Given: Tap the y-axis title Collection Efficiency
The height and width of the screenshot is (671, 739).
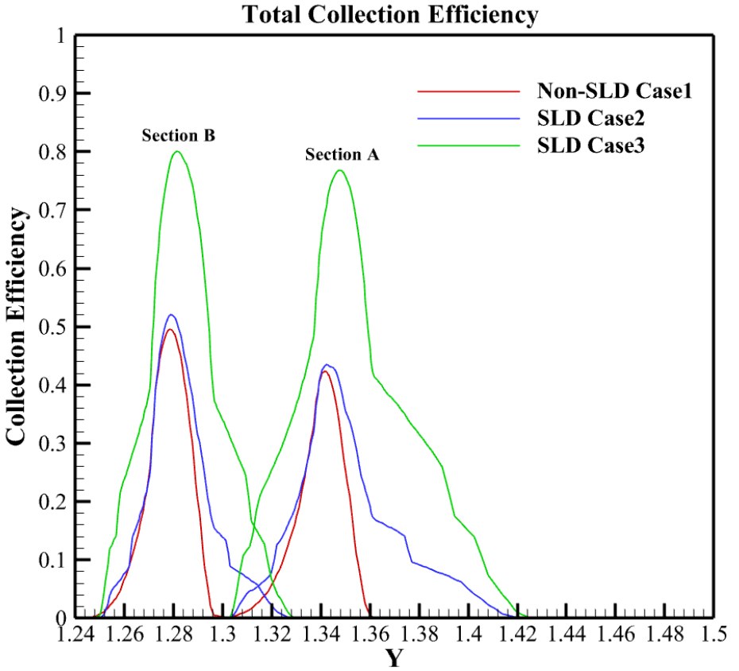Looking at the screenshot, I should click(x=21, y=326).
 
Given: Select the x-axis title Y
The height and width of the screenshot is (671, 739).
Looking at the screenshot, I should click(x=394, y=658).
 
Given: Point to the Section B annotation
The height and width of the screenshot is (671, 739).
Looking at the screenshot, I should click(x=179, y=135).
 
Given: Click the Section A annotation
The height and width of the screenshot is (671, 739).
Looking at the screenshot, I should click(x=342, y=155).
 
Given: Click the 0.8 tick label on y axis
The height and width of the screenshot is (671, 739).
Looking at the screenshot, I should click(x=52, y=152).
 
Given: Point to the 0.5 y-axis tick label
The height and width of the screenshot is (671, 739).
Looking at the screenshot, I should click(x=52, y=327).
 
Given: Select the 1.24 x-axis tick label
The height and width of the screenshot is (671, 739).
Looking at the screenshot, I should click(x=75, y=634).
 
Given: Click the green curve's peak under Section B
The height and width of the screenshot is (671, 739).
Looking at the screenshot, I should click(x=176, y=152).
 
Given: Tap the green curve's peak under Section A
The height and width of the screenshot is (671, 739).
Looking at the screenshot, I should click(x=339, y=170).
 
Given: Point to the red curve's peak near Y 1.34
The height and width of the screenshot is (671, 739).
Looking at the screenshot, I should click(x=325, y=371).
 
